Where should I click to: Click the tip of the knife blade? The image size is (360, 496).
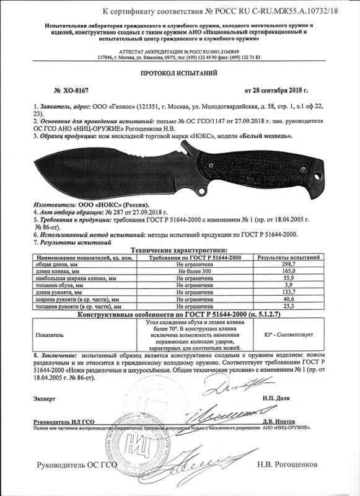(31, 162)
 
